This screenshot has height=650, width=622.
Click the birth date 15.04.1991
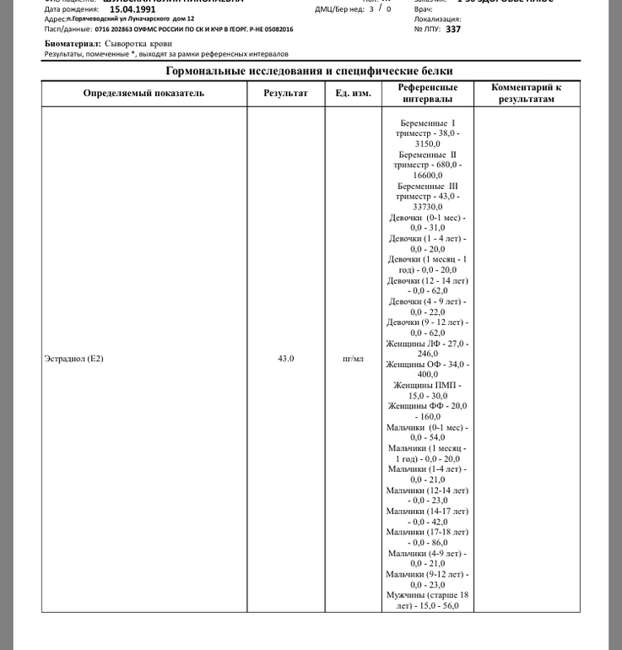[x=133, y=9]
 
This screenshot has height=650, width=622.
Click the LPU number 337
[x=453, y=29]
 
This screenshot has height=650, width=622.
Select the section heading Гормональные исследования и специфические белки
[x=309, y=71]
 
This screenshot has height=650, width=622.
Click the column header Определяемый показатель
[x=143, y=93]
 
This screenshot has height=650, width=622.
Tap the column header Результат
[x=285, y=93]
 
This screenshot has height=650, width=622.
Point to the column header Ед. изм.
[x=353, y=93]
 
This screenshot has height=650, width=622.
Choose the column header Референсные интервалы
[x=428, y=93]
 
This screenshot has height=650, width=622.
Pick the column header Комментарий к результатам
[x=526, y=93]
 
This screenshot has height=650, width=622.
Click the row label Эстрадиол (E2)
[x=73, y=359]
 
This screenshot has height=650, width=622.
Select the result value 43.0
[x=285, y=359]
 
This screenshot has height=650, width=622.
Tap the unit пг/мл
[x=353, y=359]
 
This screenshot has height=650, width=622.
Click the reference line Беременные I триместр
[x=427, y=128]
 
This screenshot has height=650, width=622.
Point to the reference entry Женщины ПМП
[x=427, y=390]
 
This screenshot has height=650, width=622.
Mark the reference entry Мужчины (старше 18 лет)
[x=427, y=600]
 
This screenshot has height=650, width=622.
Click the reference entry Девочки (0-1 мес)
[x=427, y=222]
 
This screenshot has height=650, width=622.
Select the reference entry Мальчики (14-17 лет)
[x=427, y=516]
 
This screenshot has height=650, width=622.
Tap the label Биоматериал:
[x=73, y=42]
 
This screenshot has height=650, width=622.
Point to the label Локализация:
[x=437, y=19]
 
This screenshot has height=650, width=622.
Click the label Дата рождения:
[x=71, y=9]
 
